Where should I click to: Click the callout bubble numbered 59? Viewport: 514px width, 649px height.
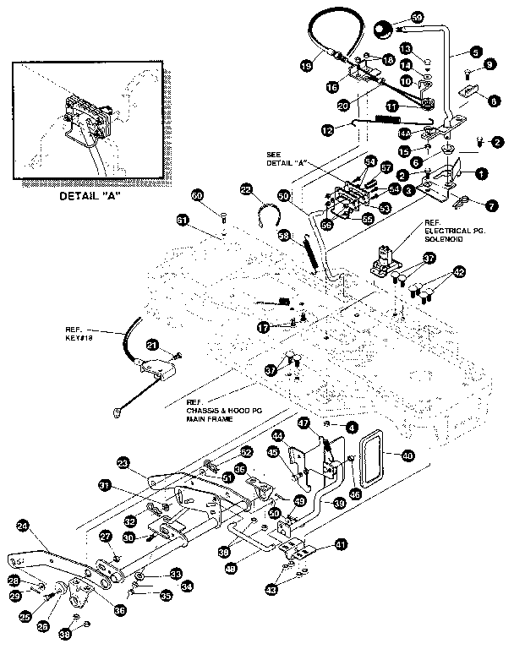pos(417,18)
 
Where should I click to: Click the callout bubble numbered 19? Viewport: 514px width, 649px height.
pos(306,65)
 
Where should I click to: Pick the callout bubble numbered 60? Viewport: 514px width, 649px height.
pos(197,196)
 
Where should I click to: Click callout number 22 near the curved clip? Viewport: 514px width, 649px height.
pos(246,191)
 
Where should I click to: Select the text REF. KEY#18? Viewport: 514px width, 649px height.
pos(80,334)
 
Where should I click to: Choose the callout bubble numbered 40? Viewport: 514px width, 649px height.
pos(407,455)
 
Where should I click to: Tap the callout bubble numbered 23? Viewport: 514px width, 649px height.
pos(124,462)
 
